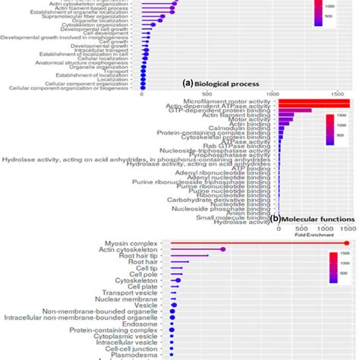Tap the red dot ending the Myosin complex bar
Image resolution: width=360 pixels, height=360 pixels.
(346, 242)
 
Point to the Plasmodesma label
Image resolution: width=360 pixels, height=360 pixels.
(142, 353)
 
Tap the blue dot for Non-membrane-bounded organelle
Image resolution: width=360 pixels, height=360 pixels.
(172, 311)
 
